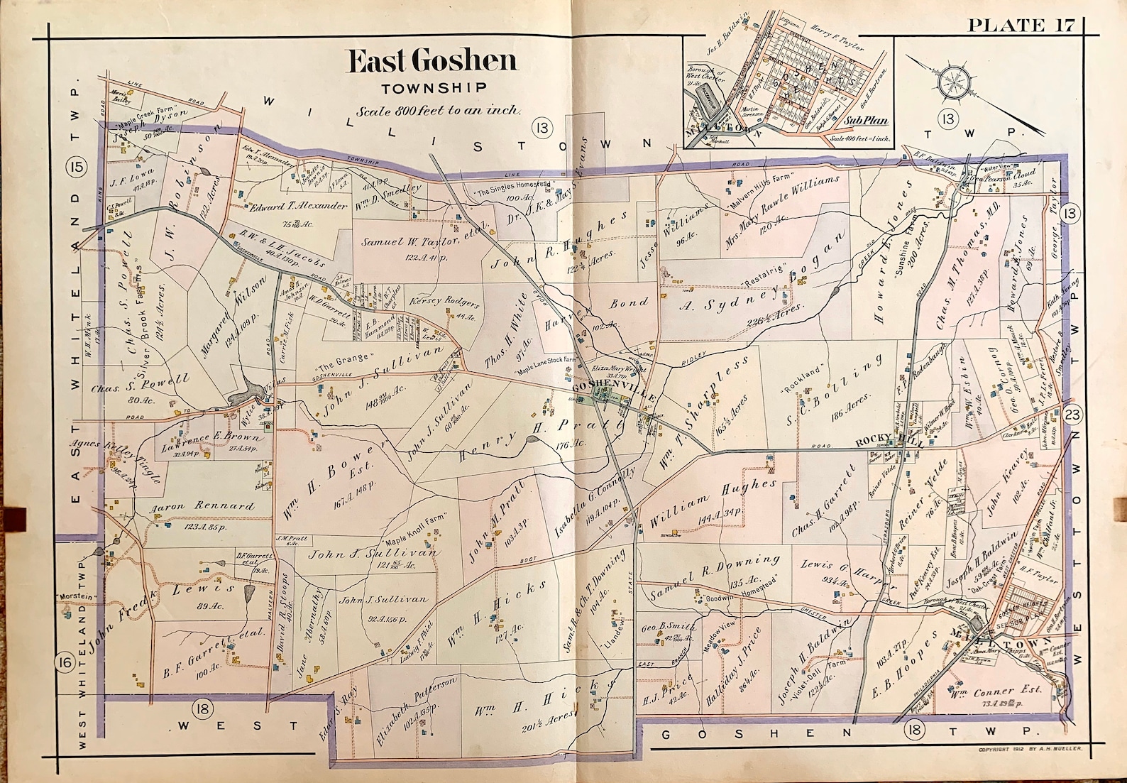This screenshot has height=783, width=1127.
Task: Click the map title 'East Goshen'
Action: [431, 61]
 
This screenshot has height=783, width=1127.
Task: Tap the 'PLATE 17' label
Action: [1021, 26]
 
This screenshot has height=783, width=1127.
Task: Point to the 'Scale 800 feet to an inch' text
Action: [439, 111]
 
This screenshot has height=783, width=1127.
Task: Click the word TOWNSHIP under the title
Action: [433, 89]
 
